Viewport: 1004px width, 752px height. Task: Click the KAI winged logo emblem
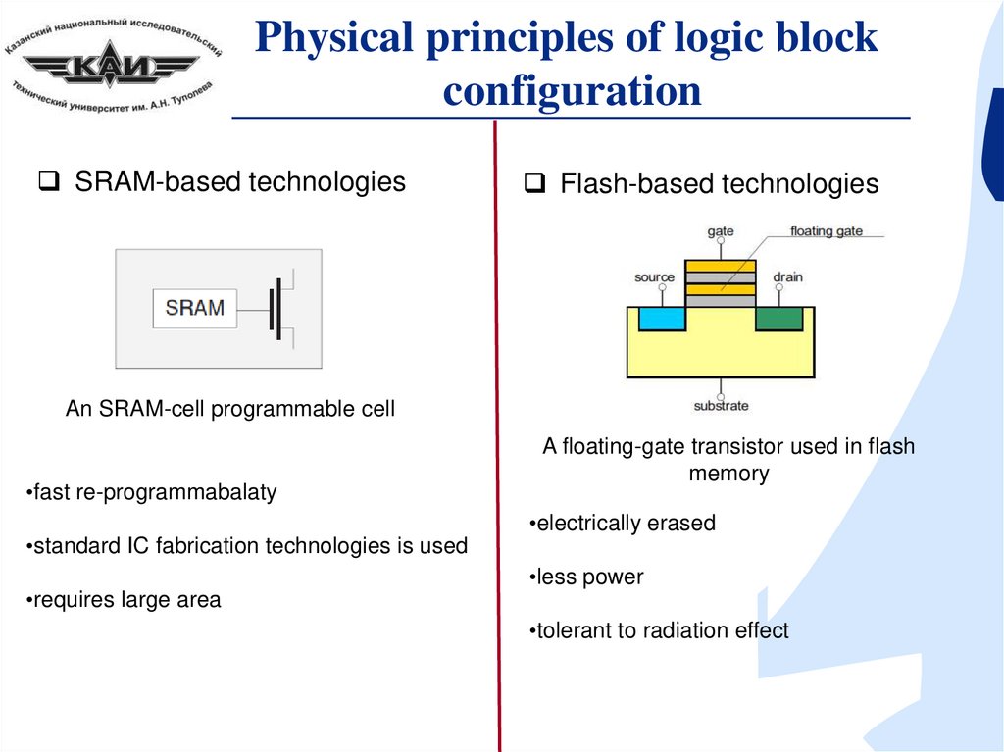pos(110,64)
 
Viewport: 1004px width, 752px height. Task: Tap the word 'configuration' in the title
pos(572,91)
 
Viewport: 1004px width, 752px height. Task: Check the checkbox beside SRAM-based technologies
pos(49,181)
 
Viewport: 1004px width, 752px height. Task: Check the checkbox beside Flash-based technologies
pos(534,183)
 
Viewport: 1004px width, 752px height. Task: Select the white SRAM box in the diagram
pos(195,308)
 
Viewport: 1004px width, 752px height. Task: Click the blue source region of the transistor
pos(662,319)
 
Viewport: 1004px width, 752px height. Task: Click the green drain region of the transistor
pos(779,319)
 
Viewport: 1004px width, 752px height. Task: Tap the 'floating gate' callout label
pos(826,230)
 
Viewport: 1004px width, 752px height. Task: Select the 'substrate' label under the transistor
pos(721,406)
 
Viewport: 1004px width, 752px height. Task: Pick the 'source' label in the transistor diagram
pos(654,277)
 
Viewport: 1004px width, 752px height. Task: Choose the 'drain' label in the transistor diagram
pos(787,276)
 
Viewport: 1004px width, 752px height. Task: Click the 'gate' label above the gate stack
pos(721,231)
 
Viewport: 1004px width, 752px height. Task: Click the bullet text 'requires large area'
pos(126,600)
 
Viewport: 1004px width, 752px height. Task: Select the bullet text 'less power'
pos(589,577)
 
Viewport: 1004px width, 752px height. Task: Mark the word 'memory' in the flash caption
pos(728,474)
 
